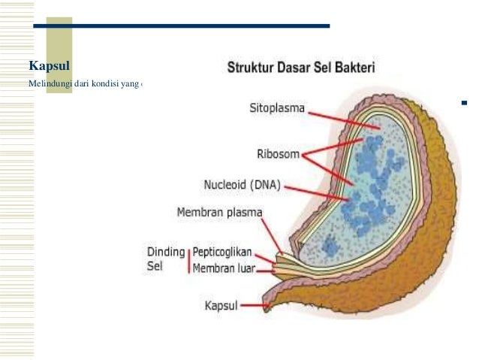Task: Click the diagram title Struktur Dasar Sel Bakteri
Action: pyautogui.click(x=302, y=68)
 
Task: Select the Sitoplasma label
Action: pyautogui.click(x=277, y=107)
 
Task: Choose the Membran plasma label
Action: pyautogui.click(x=219, y=213)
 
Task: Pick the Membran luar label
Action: pyautogui.click(x=224, y=268)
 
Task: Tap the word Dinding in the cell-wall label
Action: pyautogui.click(x=164, y=252)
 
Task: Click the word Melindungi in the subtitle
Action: pyautogui.click(x=50, y=84)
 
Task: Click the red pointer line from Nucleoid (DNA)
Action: pyautogui.click(x=315, y=192)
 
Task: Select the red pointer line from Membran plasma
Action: pyautogui.click(x=273, y=234)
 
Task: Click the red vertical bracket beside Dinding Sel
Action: pyautogui.click(x=188, y=260)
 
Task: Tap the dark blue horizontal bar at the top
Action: pyautogui.click(x=180, y=26)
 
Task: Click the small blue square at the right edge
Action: pyautogui.click(x=464, y=101)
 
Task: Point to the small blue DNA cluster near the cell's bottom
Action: pyautogui.click(x=329, y=245)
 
